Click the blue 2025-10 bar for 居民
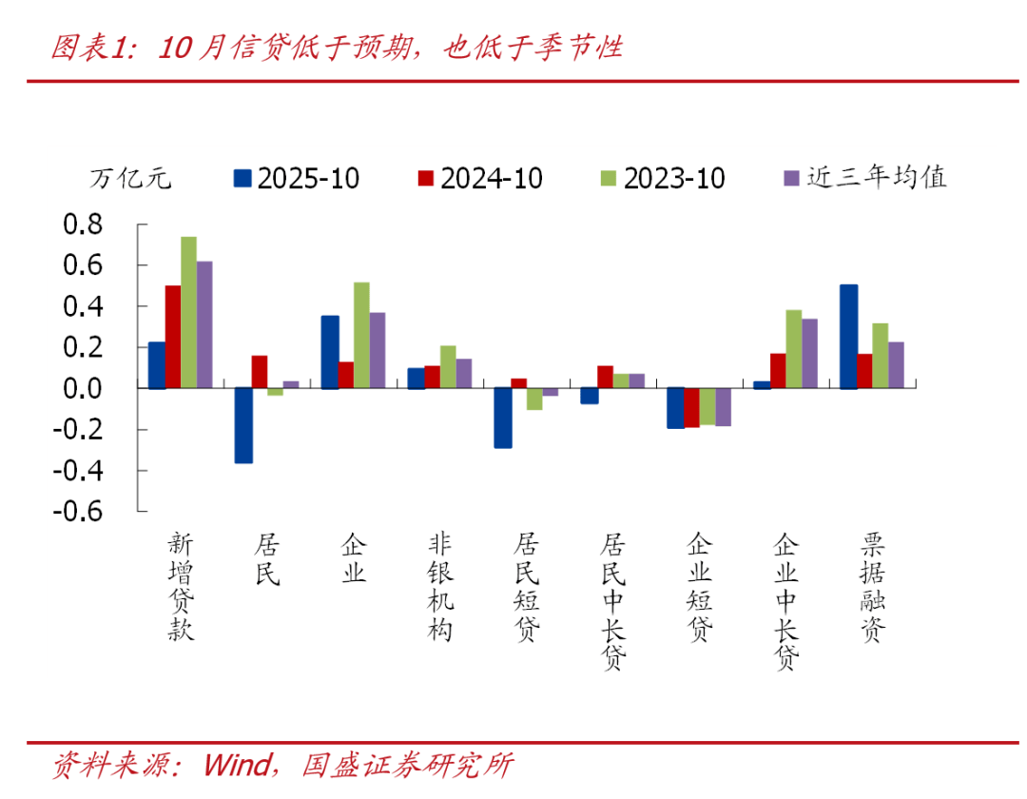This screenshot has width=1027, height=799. point(243,425)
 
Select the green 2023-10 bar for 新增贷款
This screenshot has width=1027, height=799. point(188,312)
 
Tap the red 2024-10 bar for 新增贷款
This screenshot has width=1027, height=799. point(172,337)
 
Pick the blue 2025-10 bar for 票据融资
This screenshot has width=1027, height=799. point(849,337)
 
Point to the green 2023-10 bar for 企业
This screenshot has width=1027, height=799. point(361,335)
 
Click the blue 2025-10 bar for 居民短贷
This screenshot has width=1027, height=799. point(503,418)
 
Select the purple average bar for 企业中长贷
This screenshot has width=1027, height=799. point(809,353)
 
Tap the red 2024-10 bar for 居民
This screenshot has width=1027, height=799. point(260,372)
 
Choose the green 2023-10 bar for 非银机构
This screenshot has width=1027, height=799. point(448,366)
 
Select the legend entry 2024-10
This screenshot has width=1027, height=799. point(480,178)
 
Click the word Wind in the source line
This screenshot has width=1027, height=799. point(236,766)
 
